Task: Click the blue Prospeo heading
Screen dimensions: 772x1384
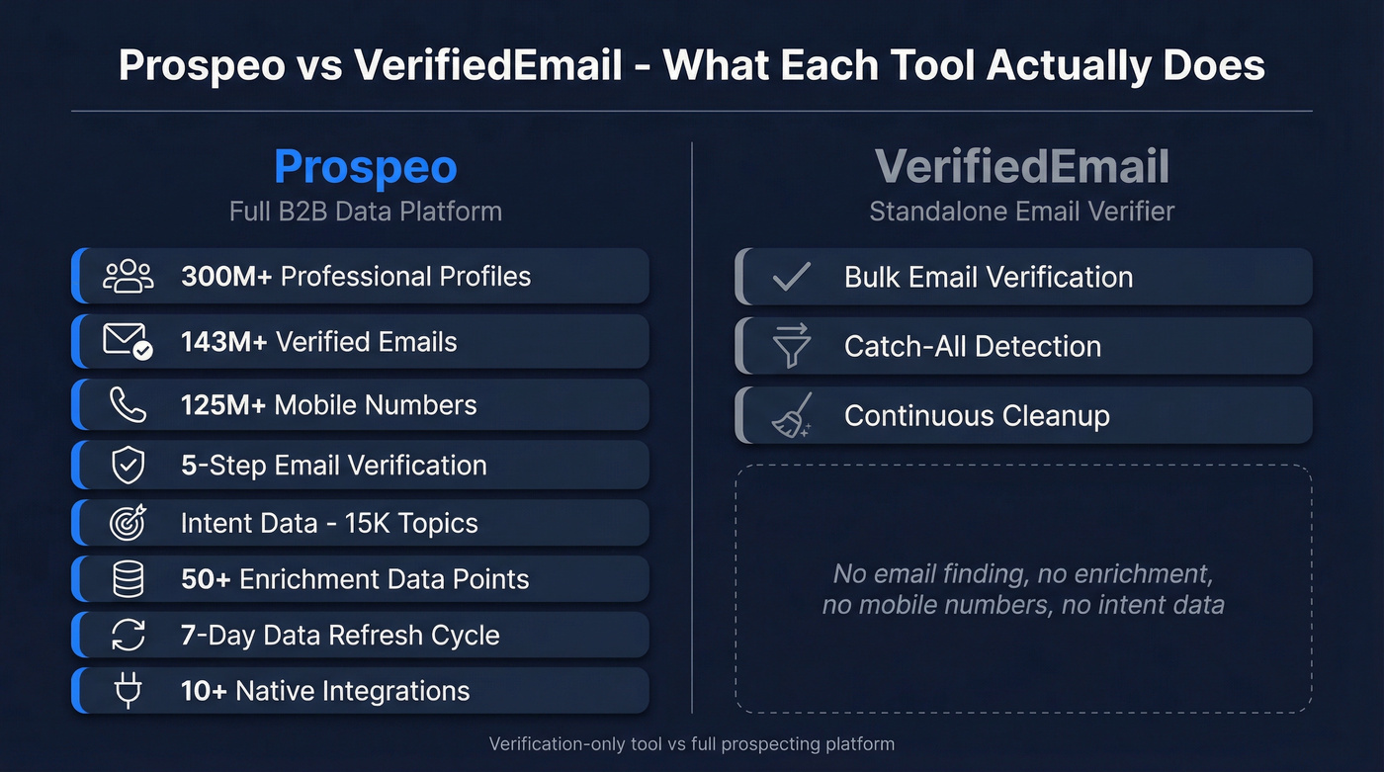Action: click(365, 166)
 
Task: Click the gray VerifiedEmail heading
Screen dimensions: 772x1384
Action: click(1022, 166)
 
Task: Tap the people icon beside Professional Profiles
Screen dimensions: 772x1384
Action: click(129, 276)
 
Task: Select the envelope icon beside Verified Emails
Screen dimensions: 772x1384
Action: click(129, 342)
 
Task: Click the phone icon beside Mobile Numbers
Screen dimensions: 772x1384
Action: click(129, 404)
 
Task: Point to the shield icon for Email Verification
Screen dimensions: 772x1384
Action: click(129, 466)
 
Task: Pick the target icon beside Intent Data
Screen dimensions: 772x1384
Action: click(129, 523)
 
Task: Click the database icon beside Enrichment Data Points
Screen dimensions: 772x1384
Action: click(129, 579)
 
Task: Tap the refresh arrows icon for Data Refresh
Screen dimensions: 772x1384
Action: click(129, 635)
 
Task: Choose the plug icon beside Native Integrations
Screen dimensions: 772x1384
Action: click(129, 691)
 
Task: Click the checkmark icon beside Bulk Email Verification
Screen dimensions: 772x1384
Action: click(791, 277)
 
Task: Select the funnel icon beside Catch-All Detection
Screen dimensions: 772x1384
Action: click(791, 346)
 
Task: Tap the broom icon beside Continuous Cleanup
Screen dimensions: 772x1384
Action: click(791, 415)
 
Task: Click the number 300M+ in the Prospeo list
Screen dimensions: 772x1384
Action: click(226, 276)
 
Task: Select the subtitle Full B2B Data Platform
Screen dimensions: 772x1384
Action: click(365, 211)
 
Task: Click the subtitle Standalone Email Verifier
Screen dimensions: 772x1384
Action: click(1022, 211)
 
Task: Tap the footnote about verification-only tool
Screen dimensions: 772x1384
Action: click(692, 743)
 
